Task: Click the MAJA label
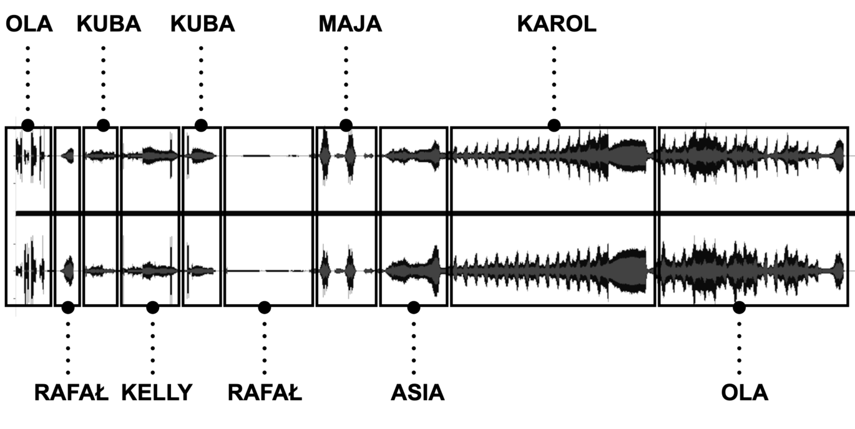(350, 24)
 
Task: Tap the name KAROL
(557, 24)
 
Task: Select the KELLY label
(157, 393)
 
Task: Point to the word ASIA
(418, 393)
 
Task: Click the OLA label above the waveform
(29, 24)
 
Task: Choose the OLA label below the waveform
(745, 393)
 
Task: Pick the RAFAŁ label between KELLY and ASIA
(265, 393)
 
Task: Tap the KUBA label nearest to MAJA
(203, 24)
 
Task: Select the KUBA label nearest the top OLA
(109, 24)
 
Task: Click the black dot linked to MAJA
(346, 125)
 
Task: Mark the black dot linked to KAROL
(554, 125)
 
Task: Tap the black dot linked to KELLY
(153, 307)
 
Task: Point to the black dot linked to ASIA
(413, 307)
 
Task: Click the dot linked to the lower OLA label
(740, 307)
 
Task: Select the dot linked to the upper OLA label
(27, 125)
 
